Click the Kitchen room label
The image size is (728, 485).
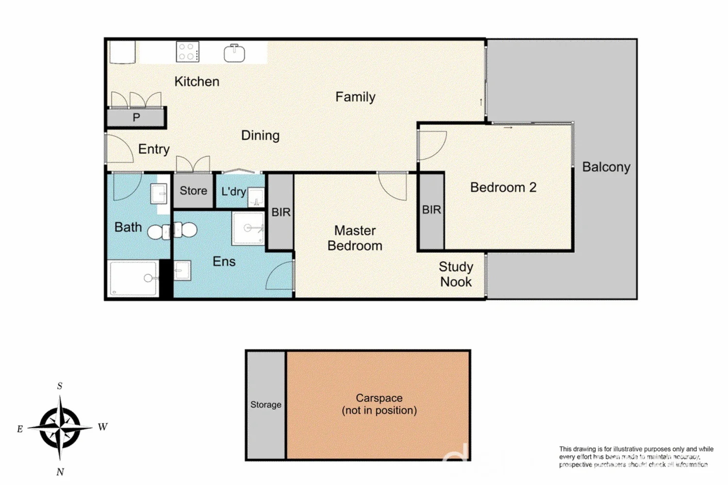[x=197, y=81]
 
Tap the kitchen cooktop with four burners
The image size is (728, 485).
[x=187, y=52]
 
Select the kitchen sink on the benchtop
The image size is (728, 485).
[x=234, y=53]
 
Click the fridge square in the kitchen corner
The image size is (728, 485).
[x=122, y=51]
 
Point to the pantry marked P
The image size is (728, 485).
[x=136, y=117]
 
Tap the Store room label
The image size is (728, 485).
[x=193, y=191]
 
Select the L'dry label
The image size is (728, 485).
[x=233, y=192]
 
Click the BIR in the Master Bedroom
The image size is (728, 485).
[x=281, y=212]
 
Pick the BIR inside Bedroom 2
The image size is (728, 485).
[x=431, y=210]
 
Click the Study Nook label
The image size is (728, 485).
[x=456, y=274]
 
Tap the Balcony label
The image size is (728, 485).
[x=606, y=167]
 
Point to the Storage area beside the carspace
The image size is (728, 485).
[x=265, y=404]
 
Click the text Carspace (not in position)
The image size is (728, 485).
[x=379, y=404]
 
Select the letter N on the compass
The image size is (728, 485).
[x=60, y=472]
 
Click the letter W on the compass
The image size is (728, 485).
[x=102, y=427]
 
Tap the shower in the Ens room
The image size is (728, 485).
[x=248, y=227]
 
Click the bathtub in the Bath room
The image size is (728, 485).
[x=133, y=278]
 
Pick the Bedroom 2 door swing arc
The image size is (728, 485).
[x=432, y=145]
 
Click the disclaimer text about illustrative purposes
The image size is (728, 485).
[x=636, y=456]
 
